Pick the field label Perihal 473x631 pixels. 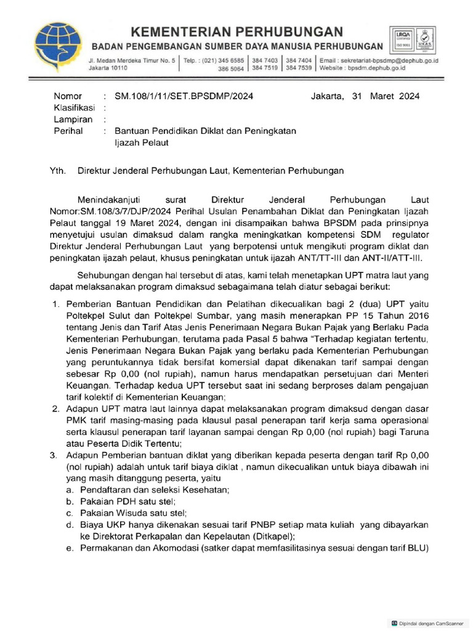[68, 131]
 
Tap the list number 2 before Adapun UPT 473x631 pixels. [54, 409]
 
